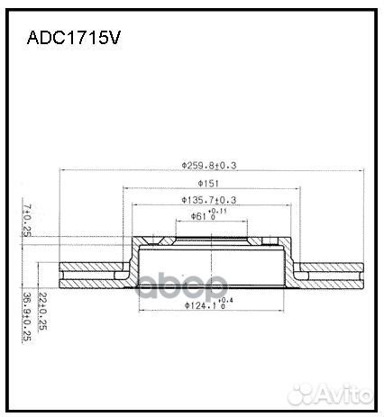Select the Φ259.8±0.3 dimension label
(214, 165)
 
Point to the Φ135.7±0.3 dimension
(208, 199)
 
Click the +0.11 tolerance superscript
(219, 212)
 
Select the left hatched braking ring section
(90, 270)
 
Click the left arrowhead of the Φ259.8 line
(60, 172)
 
